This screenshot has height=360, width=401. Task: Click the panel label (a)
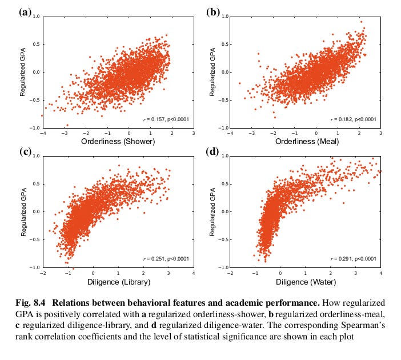pyautogui.click(x=25, y=11)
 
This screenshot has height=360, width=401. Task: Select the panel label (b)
pyautogui.click(x=212, y=11)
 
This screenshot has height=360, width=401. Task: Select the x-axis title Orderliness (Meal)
pyautogui.click(x=305, y=142)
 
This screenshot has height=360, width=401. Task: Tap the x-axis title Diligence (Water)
pyautogui.click(x=305, y=281)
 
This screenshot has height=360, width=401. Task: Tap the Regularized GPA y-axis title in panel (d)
pyautogui.click(x=211, y=211)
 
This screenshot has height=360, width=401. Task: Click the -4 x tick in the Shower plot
pyautogui.click(x=43, y=133)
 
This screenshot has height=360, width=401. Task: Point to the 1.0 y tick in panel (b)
pyautogui.click(x=224, y=17)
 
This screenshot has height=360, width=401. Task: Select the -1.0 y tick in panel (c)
pyautogui.click(x=37, y=267)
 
